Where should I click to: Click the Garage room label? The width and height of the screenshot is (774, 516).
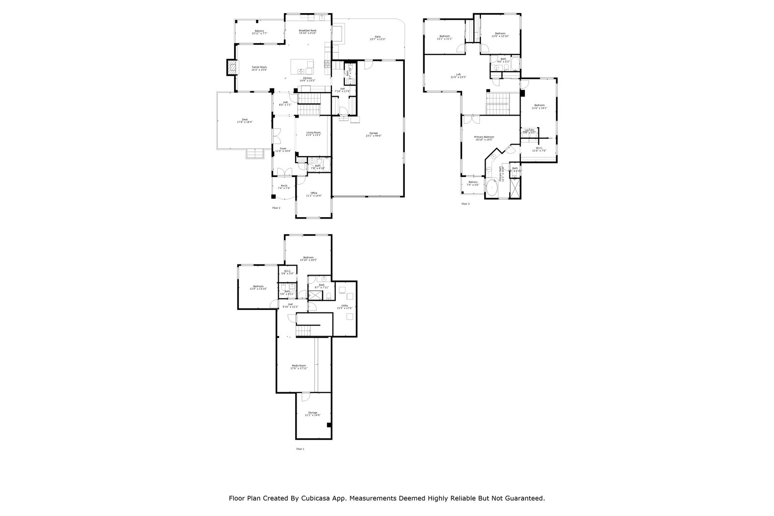click(373, 134)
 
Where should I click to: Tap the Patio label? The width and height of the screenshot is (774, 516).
click(378, 38)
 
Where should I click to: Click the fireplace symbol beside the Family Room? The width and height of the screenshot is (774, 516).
click(232, 67)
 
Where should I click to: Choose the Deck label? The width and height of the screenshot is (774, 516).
click(245, 120)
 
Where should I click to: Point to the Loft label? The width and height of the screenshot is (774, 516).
click(458, 75)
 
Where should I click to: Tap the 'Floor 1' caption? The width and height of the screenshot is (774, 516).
click(300, 449)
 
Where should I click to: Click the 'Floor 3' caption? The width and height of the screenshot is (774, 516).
click(465, 204)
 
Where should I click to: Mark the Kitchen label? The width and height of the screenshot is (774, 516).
click(308, 79)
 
